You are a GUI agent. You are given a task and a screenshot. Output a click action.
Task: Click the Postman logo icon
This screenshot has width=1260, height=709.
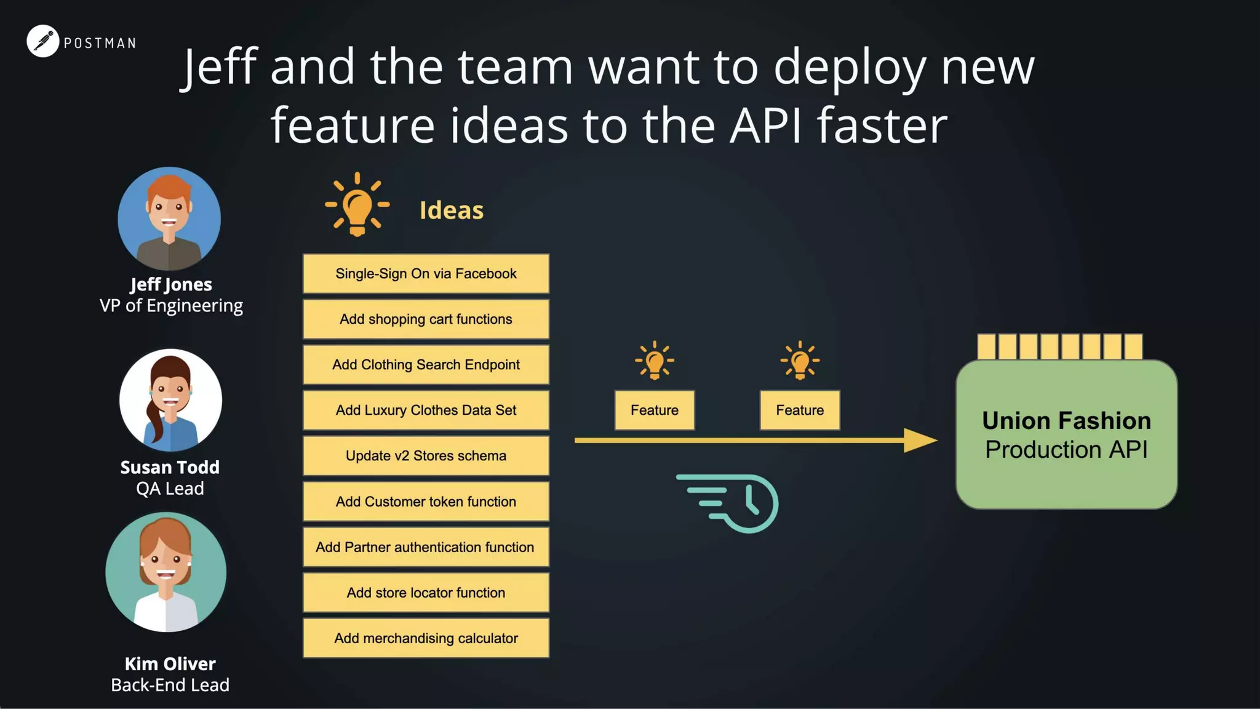point(42,41)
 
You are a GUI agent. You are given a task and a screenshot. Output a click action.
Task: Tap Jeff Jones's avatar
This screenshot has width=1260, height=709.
point(169,218)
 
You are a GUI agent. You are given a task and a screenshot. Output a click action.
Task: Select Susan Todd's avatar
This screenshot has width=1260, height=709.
point(170,400)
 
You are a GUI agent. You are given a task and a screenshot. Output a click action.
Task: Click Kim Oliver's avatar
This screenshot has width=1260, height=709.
point(166,572)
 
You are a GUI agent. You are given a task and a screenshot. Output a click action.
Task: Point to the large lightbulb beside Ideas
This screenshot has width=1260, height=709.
point(357,205)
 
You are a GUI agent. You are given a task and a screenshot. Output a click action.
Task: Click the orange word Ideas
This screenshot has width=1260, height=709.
point(452,210)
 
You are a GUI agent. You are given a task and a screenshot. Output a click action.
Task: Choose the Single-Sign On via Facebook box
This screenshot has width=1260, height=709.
point(426,274)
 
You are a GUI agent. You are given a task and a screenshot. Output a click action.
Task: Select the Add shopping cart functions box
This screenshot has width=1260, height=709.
point(426,319)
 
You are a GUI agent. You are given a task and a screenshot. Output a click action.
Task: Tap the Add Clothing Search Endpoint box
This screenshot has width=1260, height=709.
point(426,365)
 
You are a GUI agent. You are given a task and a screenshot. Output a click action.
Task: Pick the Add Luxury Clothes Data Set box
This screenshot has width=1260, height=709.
point(426,411)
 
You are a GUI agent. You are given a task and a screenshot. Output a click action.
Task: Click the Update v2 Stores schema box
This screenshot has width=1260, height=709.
point(426,456)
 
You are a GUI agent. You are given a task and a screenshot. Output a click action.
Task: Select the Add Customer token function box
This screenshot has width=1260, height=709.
point(426,502)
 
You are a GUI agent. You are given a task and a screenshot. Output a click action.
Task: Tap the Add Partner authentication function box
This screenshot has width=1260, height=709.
point(426,547)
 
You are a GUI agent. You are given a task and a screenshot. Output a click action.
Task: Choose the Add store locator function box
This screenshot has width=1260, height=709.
point(426,593)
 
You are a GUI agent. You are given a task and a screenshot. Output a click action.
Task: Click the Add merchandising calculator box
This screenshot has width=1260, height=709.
point(426,638)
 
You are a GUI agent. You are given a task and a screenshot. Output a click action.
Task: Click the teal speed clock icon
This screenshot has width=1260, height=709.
point(732,503)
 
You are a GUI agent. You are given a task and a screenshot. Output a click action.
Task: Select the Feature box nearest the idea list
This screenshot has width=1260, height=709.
point(655,411)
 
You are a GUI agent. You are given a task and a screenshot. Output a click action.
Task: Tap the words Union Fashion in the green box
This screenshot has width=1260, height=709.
point(1066,421)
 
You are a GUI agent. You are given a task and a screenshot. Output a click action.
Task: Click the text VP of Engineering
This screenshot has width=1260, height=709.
point(171,306)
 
